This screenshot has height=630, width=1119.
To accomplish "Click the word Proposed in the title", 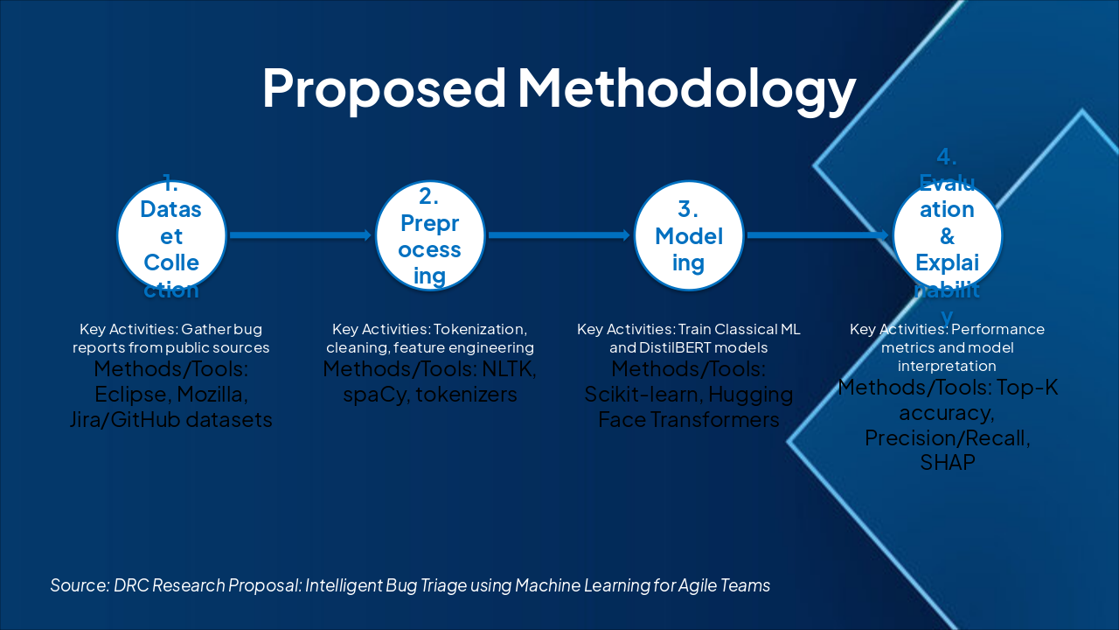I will (383, 87).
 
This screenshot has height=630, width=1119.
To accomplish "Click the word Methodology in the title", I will (686, 89).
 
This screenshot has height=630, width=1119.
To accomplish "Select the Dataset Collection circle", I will (171, 235).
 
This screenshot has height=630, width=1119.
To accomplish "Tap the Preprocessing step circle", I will (430, 235).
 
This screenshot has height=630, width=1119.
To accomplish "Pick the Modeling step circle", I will (689, 235).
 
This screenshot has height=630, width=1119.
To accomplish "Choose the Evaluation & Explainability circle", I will (947, 235).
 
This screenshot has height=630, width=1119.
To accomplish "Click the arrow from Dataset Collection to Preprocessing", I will (301, 234).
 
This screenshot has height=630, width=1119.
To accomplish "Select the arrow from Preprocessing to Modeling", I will (559, 234).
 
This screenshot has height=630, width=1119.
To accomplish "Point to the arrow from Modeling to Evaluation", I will (819, 234).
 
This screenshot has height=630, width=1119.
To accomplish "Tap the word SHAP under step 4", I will (947, 463).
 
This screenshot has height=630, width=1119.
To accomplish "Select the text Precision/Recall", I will (947, 437).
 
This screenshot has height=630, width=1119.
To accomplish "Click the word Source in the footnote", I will (79, 585).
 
